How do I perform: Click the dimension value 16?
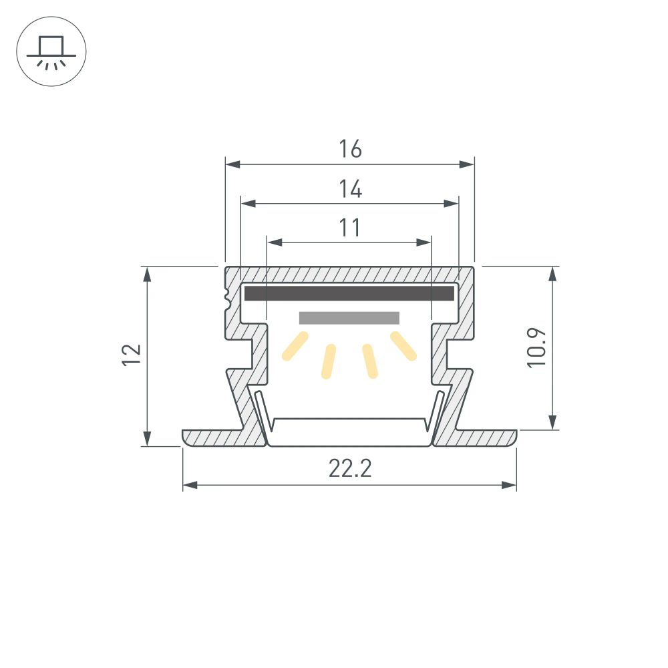349,149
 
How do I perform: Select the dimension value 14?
349,190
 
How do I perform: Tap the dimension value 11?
349,228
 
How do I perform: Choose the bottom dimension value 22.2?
349,470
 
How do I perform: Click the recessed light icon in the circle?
51,51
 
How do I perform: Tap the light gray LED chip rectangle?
349,318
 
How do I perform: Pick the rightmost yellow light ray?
403,346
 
